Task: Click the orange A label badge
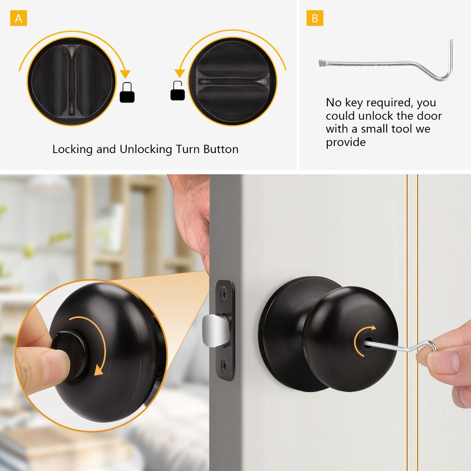(x=18, y=18)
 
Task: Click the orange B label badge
(x=315, y=18)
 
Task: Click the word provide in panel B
(x=346, y=142)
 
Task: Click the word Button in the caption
(x=221, y=150)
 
